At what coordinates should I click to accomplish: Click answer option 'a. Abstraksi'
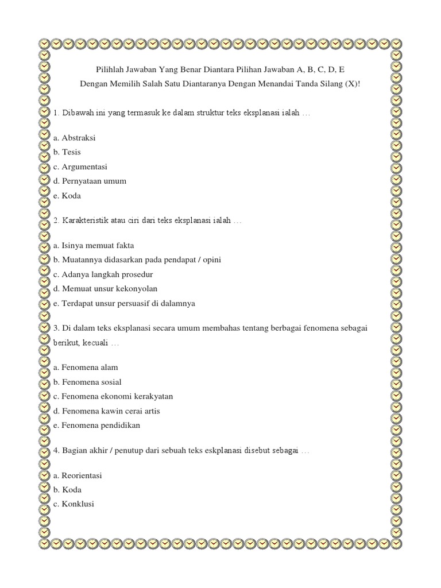[x=74, y=138]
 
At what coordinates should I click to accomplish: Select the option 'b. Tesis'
[x=67, y=152]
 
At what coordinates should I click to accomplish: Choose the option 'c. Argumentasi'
[x=80, y=167]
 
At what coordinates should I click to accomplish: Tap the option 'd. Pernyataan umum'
[x=90, y=181]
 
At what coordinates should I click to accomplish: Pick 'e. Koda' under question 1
[x=67, y=195]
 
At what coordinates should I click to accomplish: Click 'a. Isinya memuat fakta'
[x=94, y=245]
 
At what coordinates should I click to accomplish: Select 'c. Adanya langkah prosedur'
[x=103, y=274]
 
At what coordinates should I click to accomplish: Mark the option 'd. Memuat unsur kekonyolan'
[x=105, y=288]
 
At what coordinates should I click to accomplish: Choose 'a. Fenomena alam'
[x=86, y=367]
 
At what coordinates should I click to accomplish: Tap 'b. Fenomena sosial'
[x=87, y=382]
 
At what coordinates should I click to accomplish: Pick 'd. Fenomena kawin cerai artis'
[x=106, y=411]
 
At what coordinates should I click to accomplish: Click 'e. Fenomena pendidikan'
[x=96, y=425]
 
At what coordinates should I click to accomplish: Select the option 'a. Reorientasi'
[x=79, y=475]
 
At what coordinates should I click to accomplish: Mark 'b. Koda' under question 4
[x=67, y=489]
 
